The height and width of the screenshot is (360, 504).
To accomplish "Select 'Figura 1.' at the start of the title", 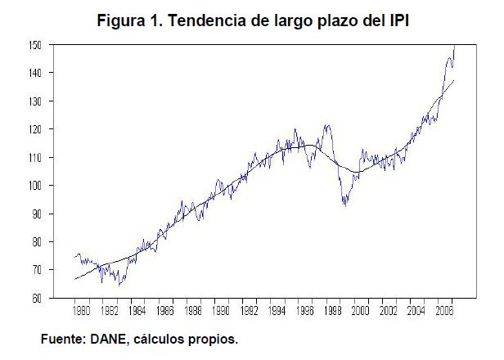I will coord(130,20).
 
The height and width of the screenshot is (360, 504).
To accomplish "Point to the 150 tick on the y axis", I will coord(34,45).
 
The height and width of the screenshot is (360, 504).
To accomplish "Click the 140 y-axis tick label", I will coord(34,73).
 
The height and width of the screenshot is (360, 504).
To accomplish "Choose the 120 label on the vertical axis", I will coord(34,129).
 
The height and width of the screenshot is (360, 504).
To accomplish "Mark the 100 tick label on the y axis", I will coord(34,186).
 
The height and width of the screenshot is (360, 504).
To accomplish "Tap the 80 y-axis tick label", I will coord(35,242).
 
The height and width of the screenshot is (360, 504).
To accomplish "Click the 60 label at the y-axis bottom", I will coord(35,299).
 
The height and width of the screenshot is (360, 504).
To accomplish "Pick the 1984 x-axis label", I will coord(137,312).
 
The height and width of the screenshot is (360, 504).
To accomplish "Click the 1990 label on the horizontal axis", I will coord(221,312).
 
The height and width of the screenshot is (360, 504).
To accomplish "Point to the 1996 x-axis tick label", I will coord(304,312).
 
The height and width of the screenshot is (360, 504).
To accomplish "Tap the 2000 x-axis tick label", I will coord(360,312).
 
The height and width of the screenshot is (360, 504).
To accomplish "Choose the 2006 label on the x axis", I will coord(443,312).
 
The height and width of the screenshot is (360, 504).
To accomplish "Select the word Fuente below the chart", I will coord(65,338).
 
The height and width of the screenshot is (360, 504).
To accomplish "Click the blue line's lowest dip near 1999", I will coord(344,205).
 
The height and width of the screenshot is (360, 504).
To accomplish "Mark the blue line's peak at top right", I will coord(455,46).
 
